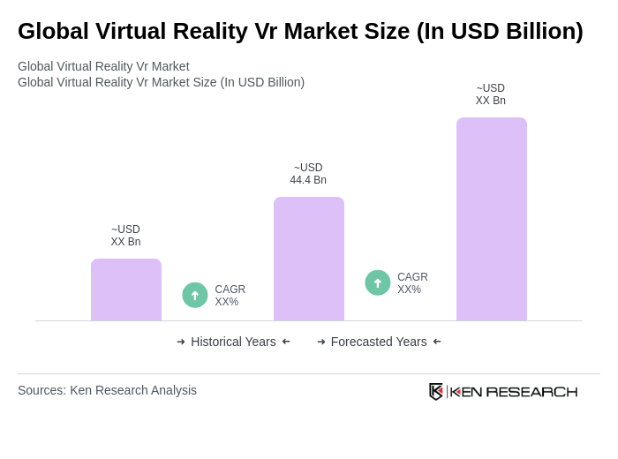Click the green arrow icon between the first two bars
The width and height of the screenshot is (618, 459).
[195, 295]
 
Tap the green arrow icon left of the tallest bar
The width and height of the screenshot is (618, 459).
[378, 282]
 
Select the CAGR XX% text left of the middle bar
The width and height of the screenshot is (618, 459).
[230, 296]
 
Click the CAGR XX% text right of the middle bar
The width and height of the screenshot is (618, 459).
[412, 283]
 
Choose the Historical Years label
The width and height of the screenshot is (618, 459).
[233, 342]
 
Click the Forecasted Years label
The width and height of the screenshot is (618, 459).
[379, 342]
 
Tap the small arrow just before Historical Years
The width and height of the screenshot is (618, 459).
[181, 342]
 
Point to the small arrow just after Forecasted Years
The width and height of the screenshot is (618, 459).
[437, 342]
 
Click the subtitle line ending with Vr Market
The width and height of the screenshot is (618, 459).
[103, 66]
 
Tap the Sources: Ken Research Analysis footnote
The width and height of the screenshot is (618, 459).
[107, 390]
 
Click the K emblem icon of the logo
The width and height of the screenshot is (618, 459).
[436, 391]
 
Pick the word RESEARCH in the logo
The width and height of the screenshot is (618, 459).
[531, 391]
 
